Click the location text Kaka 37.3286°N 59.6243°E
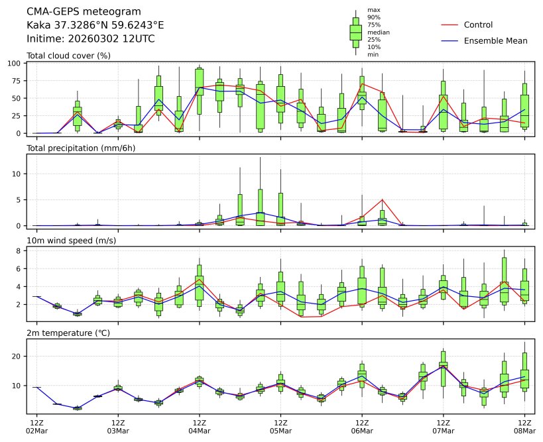click(x=95, y=25)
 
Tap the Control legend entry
click(x=478, y=25)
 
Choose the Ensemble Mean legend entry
click(x=495, y=41)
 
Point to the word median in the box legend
click(x=378, y=32)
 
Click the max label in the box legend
click(x=373, y=10)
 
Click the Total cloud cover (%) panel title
click(x=68, y=56)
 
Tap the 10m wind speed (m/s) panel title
click(x=72, y=240)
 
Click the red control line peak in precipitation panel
click(x=383, y=199)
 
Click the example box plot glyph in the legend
click(x=355, y=32)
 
